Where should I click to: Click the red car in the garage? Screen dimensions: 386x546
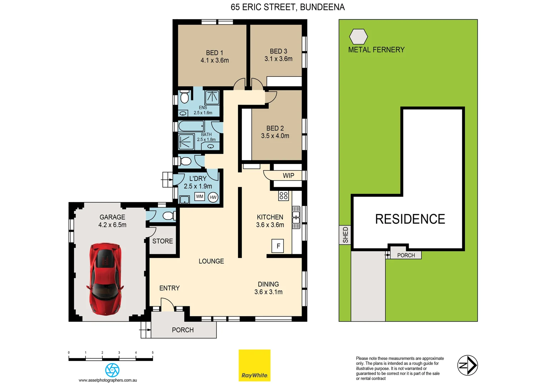[x=105, y=279]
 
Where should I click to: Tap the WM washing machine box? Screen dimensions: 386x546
[x=199, y=197]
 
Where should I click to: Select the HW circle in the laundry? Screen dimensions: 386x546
[x=213, y=197]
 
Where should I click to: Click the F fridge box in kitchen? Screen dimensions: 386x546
[x=278, y=246]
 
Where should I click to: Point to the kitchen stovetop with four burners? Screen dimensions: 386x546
[x=283, y=196]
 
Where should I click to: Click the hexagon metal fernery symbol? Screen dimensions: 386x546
[x=358, y=36]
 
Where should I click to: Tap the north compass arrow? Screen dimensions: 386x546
[x=467, y=365]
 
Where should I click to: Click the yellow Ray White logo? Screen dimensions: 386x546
[x=254, y=365]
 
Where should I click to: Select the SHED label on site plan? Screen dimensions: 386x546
[x=345, y=235]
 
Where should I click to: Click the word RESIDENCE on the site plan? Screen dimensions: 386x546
[x=410, y=219]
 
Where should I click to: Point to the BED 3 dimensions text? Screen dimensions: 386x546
[x=278, y=59]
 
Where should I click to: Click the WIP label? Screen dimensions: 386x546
[x=288, y=175]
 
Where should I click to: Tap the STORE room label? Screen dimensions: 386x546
[x=163, y=241]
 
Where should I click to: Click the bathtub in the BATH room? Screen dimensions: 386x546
[x=191, y=126]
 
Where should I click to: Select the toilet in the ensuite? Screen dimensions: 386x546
[x=184, y=98]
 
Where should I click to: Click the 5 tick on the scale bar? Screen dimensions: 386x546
[x=153, y=353]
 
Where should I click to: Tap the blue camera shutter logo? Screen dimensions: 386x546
[x=112, y=370]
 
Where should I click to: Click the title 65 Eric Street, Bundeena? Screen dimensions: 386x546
[x=288, y=7]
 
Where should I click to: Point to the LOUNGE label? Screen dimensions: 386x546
[x=211, y=261]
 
